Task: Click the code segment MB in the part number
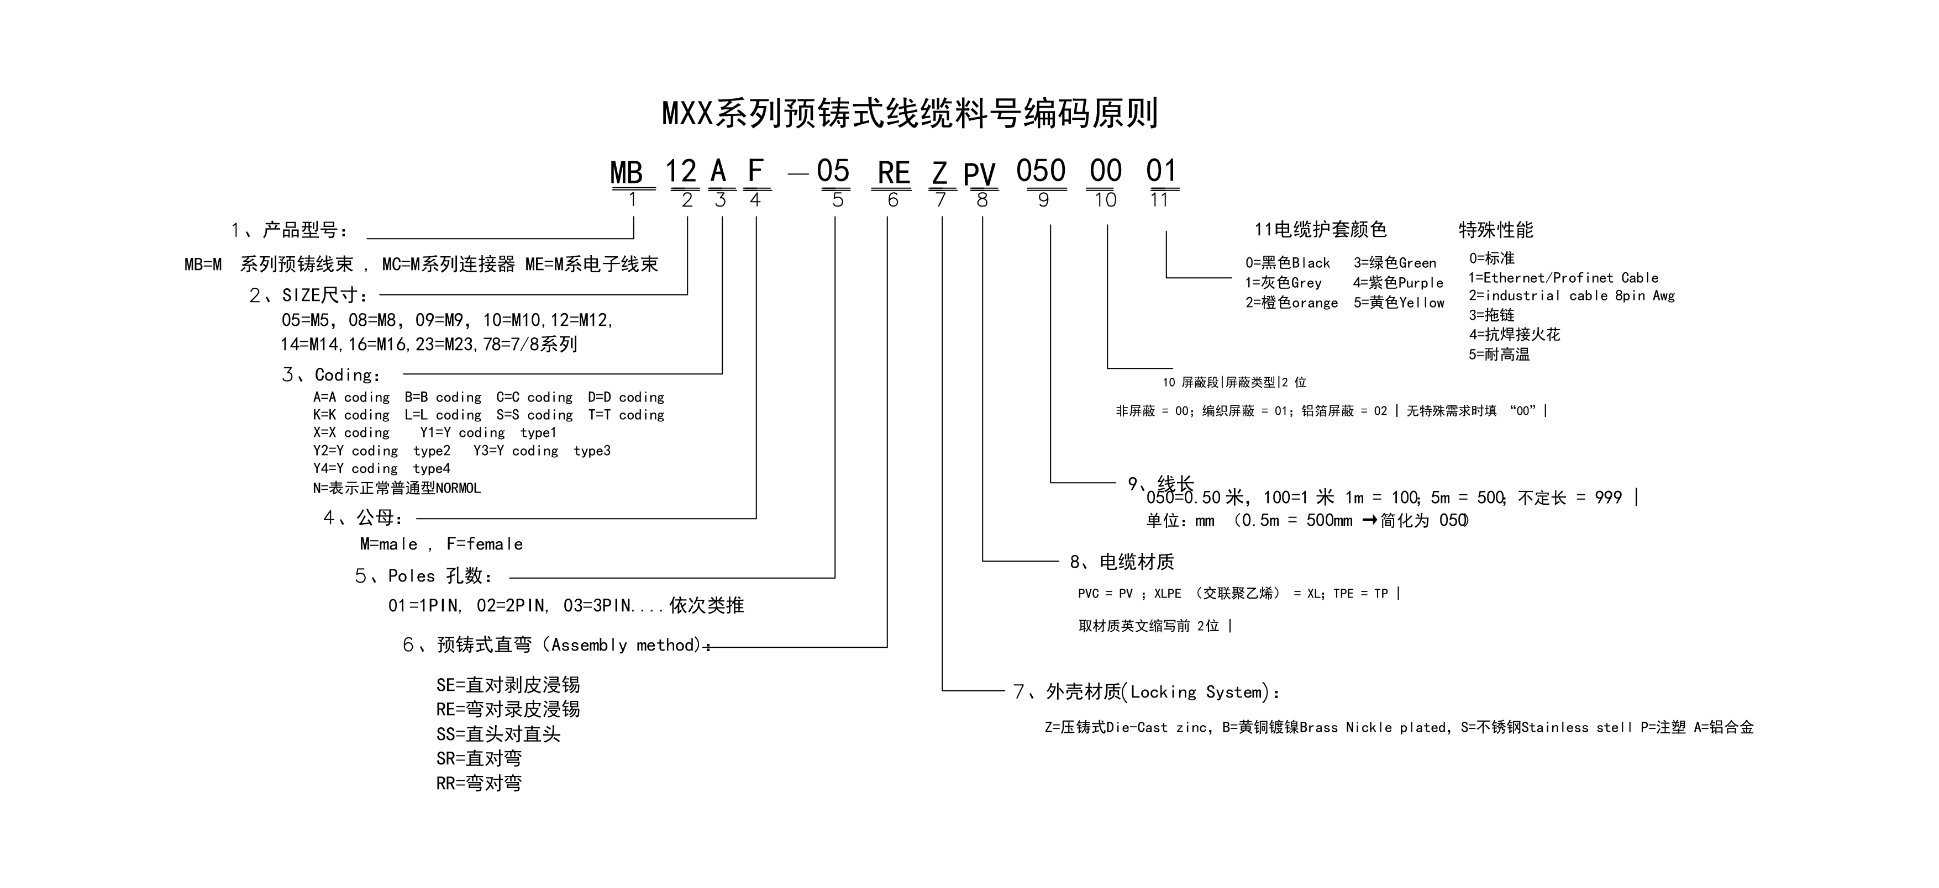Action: pyautogui.click(x=626, y=172)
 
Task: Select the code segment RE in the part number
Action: pyautogui.click(x=894, y=173)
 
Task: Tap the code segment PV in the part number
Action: pyautogui.click(x=979, y=175)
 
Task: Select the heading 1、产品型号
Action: pyautogui.click(x=290, y=230)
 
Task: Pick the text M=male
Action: pyautogui.click(x=388, y=544)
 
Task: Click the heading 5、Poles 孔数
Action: pyautogui.click(x=424, y=577)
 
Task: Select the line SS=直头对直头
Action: pyautogui.click(x=498, y=734)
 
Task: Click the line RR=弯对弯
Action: pyautogui.click(x=479, y=784)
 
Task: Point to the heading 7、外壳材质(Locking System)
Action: pyautogui.click(x=1147, y=693)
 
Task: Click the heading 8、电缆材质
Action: pyautogui.click(x=1122, y=562)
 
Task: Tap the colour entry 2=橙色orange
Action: pyautogui.click(x=1291, y=303)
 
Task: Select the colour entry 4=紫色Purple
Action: pyautogui.click(x=1398, y=283)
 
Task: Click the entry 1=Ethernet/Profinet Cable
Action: pyautogui.click(x=1563, y=278)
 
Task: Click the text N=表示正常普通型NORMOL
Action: pyautogui.click(x=397, y=488)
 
